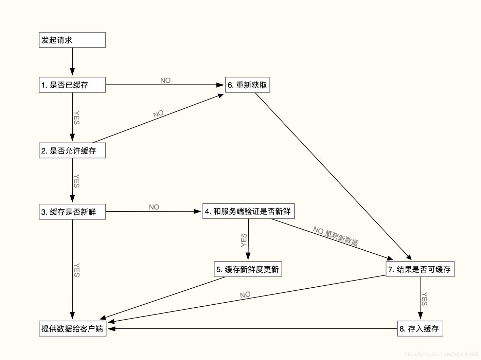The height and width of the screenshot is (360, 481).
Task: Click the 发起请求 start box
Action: click(72, 40)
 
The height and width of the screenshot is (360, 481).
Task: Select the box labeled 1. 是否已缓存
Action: click(72, 85)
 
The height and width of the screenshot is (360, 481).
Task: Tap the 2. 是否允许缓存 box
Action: click(72, 151)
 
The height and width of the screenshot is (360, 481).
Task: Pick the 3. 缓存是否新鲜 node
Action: click(72, 212)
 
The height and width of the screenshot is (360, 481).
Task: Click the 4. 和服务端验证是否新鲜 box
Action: click(248, 211)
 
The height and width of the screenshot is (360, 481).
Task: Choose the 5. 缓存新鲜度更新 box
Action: click(248, 269)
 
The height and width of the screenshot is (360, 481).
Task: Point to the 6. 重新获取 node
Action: click(247, 85)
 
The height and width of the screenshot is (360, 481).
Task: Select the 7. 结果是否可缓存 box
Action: click(420, 269)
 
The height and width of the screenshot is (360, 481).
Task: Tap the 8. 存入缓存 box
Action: click(420, 329)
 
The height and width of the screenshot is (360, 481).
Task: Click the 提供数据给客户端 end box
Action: click(72, 329)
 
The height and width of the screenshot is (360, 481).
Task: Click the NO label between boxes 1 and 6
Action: click(165, 80)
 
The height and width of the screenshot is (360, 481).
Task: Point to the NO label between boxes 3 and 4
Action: click(154, 207)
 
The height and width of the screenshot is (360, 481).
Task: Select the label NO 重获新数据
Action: click(336, 236)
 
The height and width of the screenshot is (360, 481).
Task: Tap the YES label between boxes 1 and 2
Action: click(77, 118)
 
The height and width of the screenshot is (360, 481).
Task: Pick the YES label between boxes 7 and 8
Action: click(425, 299)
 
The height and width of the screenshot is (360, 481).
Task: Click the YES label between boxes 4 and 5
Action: click(244, 240)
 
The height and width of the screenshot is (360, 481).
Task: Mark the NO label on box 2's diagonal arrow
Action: click(158, 114)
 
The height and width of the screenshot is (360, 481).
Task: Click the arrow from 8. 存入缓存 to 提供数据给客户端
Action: click(251, 329)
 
